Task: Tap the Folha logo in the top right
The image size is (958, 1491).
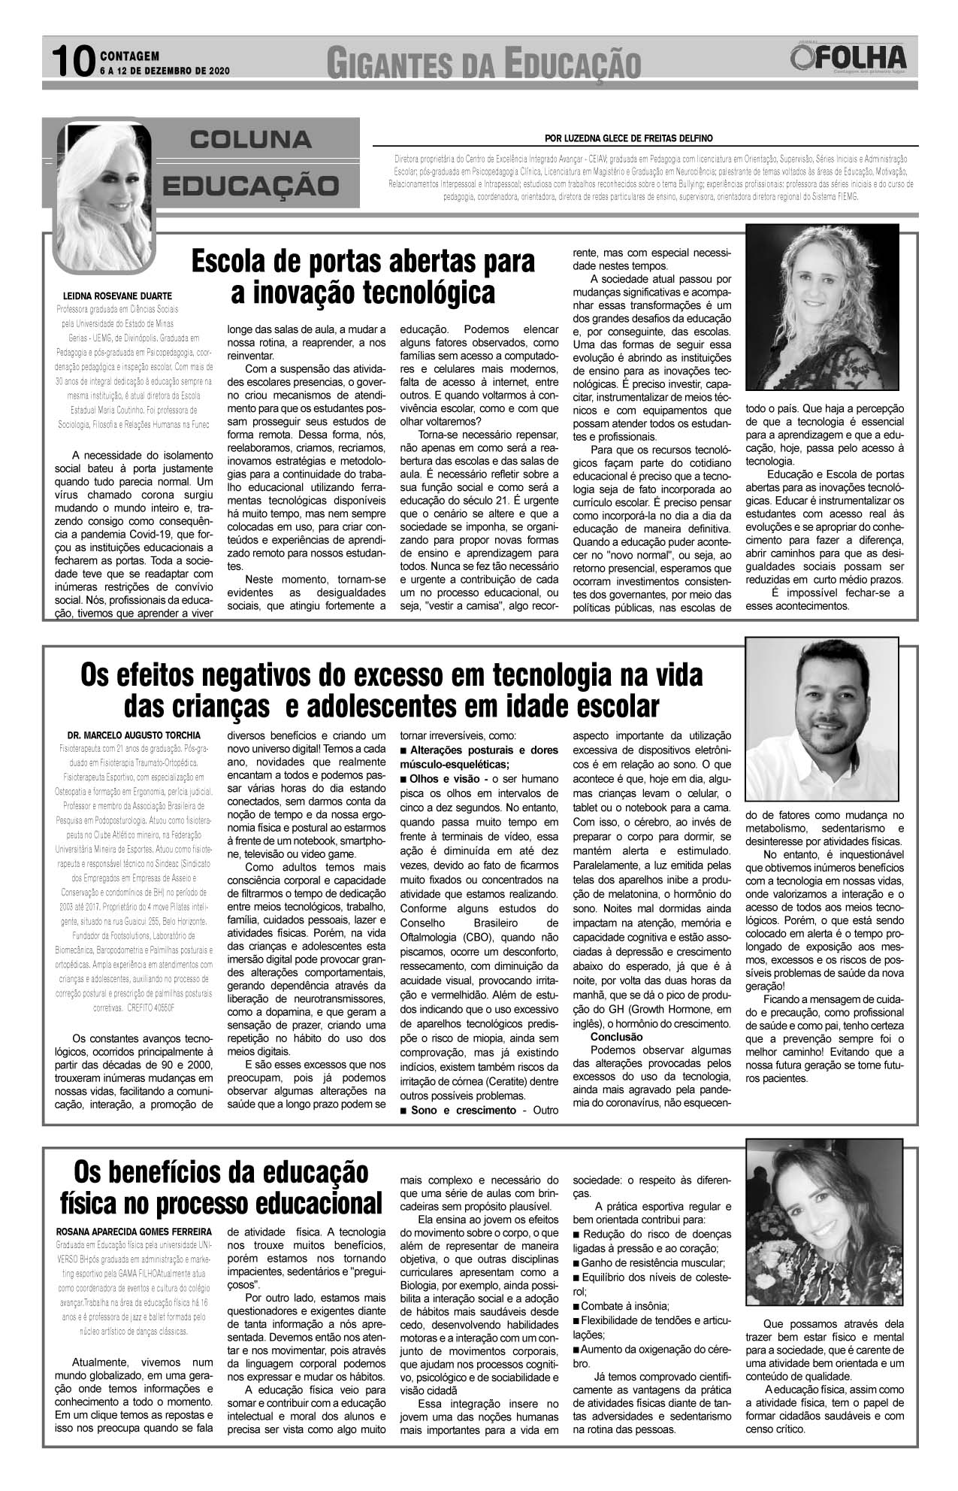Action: tap(849, 59)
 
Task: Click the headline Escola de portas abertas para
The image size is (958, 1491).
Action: tap(363, 262)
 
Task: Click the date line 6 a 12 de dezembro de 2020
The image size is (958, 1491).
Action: tap(164, 71)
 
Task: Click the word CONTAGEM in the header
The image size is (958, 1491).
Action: tap(129, 55)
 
